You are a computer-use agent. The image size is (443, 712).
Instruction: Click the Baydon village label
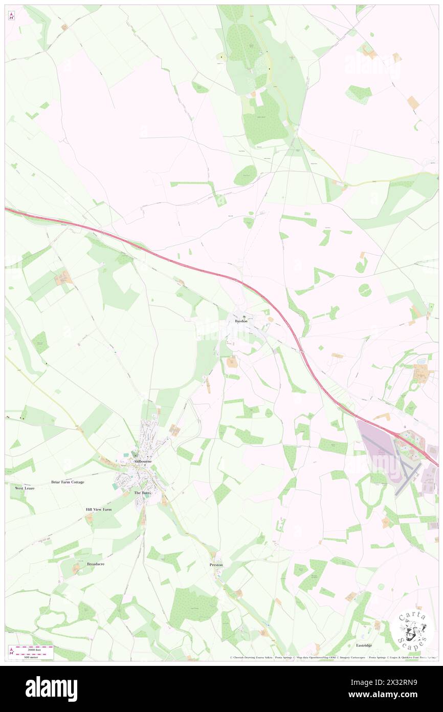pos(241,321)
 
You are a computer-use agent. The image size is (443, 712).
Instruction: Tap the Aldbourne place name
pos(143,461)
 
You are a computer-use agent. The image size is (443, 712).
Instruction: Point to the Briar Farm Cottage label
pos(68,482)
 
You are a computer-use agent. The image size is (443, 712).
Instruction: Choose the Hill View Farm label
pos(98,510)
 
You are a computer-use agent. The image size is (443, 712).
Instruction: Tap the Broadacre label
pos(96,563)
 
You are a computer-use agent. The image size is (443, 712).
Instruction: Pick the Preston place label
pos(216,564)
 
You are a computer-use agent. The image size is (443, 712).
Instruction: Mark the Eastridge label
pos(364,645)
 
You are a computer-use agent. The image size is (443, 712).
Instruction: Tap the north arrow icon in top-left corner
pos(12,15)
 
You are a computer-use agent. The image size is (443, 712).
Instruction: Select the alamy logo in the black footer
pos(51,688)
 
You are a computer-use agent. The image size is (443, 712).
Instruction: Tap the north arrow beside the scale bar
pos(12,651)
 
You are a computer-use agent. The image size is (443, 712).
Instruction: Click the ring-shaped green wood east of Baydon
pos(365,290)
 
